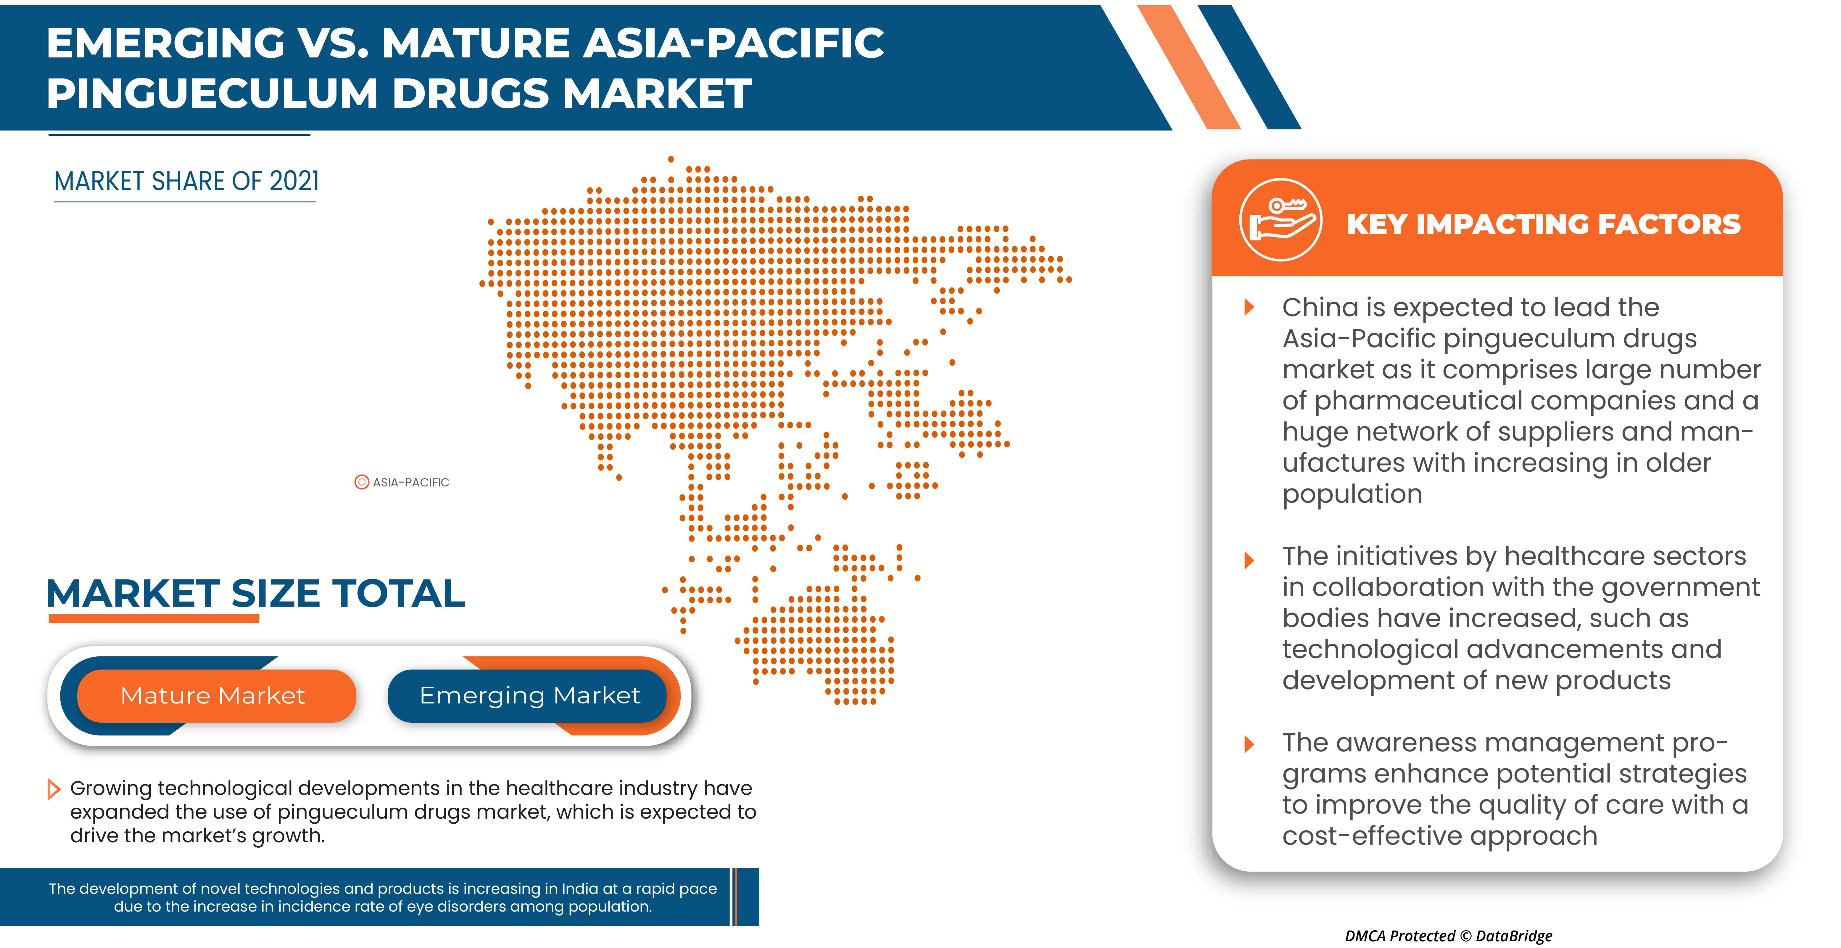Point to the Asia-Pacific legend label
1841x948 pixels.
click(x=411, y=483)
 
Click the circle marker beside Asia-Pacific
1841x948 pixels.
click(x=362, y=482)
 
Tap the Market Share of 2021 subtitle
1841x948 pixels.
click(x=186, y=181)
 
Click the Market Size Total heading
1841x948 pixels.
click(x=256, y=593)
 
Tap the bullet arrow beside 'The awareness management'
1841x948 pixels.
click(x=1249, y=744)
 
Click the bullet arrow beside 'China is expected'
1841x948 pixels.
click(x=1249, y=307)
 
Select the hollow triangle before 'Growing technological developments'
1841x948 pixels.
click(x=54, y=789)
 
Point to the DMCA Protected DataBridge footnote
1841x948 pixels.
click(x=1449, y=936)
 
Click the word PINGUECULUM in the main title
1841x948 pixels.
click(x=212, y=94)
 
